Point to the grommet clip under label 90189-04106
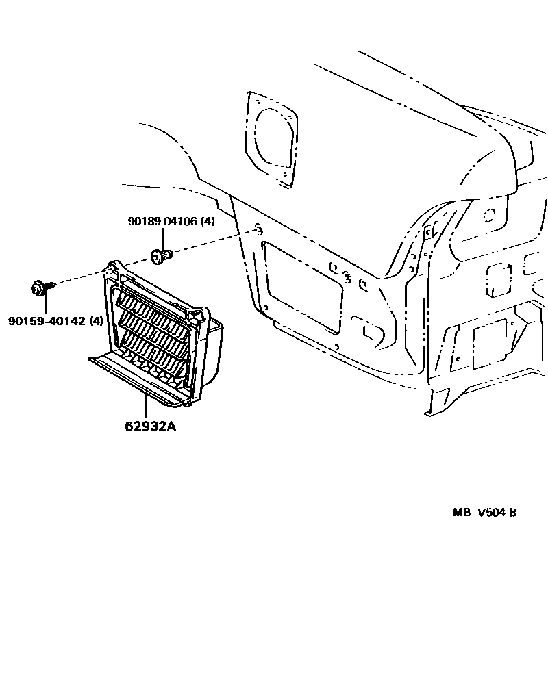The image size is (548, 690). [162, 256]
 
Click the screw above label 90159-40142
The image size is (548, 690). [39, 288]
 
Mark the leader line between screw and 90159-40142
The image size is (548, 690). [45, 305]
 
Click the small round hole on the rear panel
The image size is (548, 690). [488, 214]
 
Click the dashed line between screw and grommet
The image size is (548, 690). [103, 270]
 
